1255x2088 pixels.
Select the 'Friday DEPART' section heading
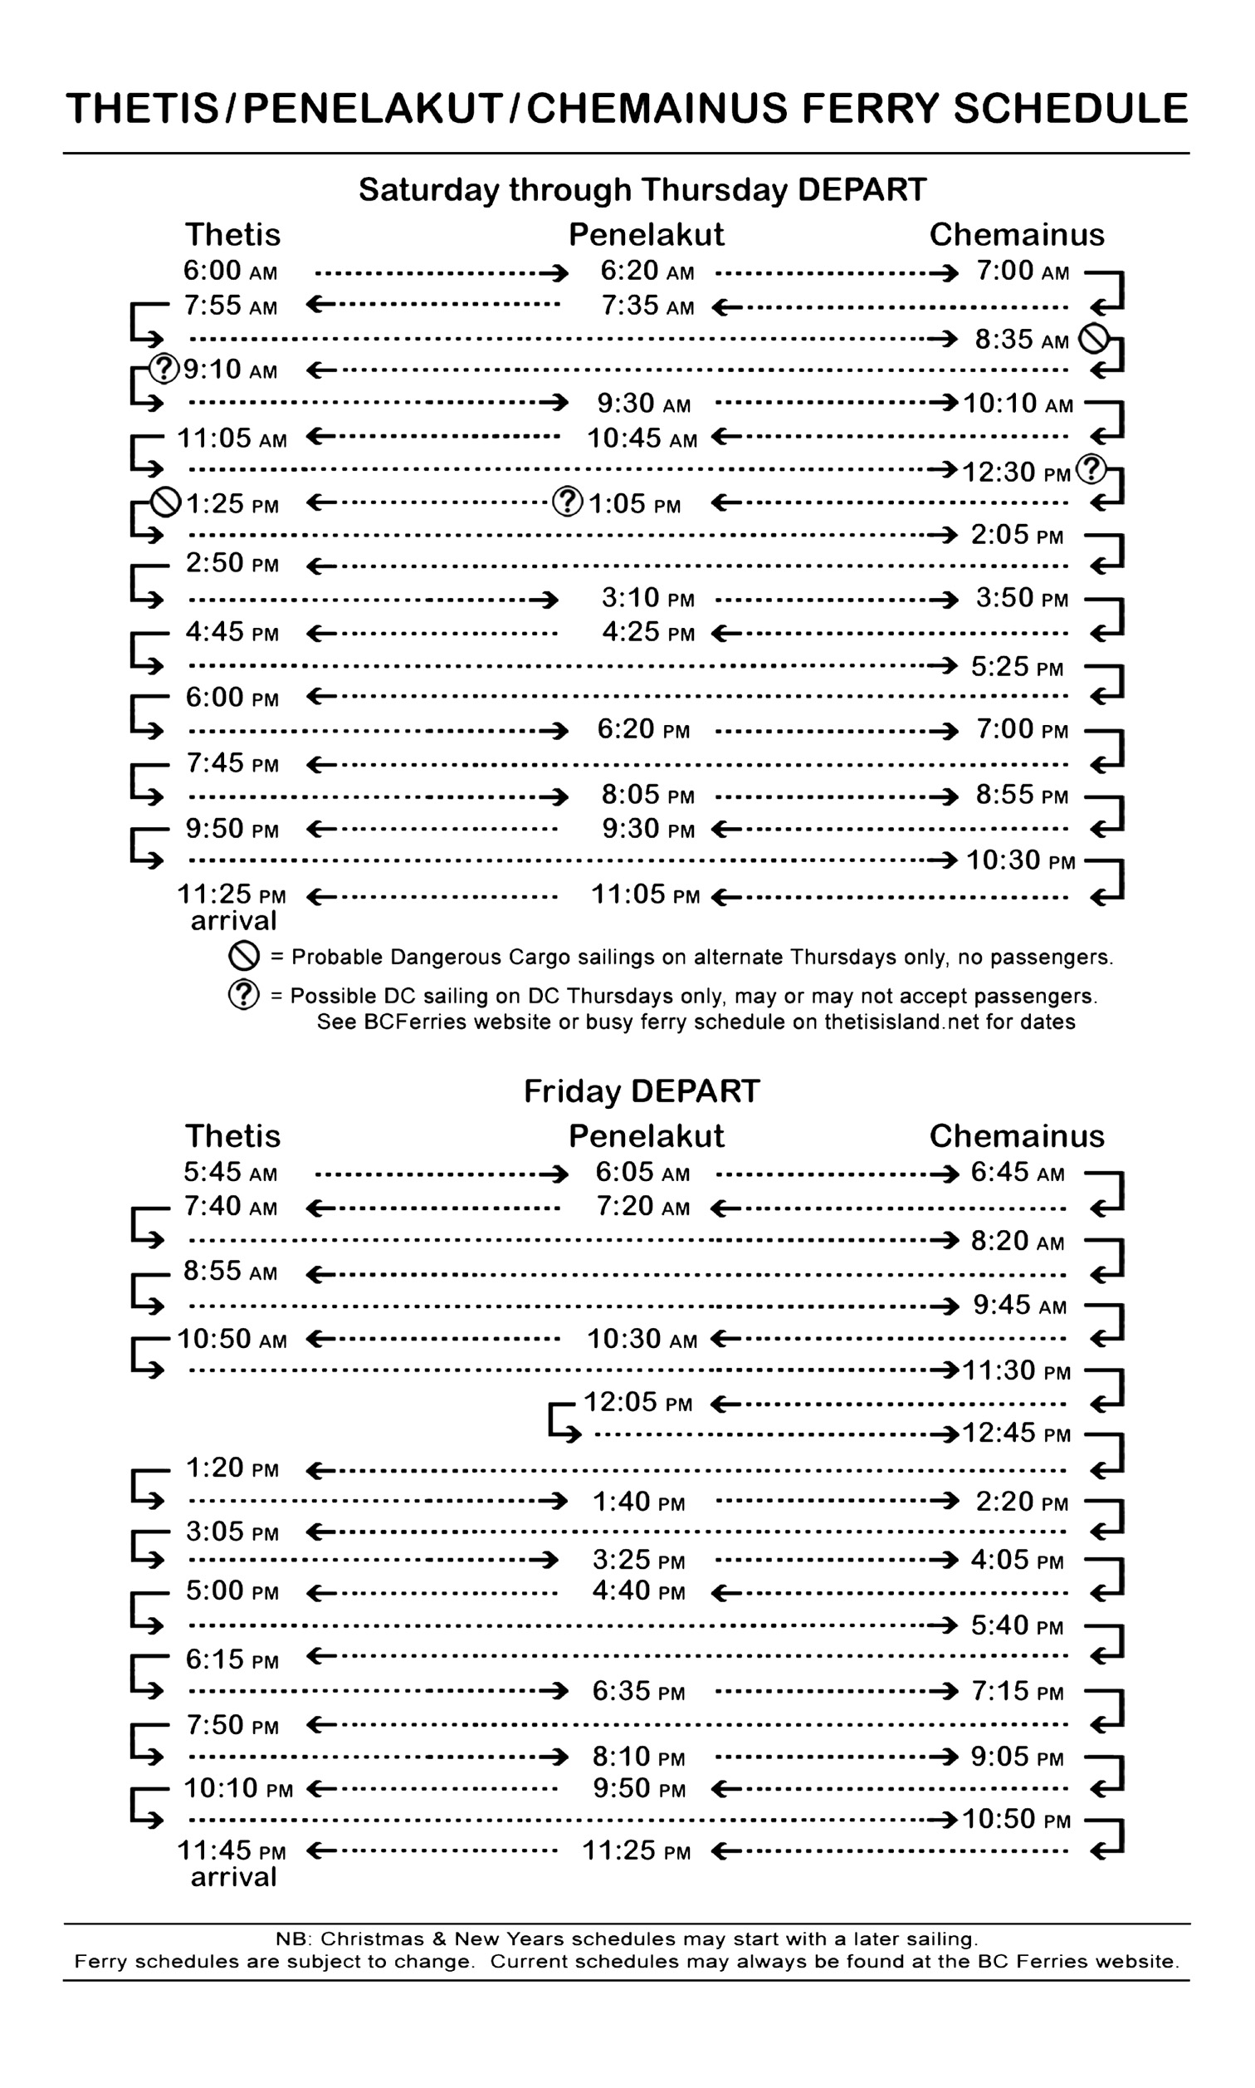pos(642,1091)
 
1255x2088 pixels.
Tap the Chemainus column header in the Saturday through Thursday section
pos(1017,235)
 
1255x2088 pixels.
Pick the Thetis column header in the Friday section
pos(232,1136)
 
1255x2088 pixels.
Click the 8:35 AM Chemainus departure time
pos(1021,340)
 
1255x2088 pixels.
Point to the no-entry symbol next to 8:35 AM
pos(1093,340)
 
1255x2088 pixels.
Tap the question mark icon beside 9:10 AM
pos(164,369)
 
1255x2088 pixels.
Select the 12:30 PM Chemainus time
pos(1017,472)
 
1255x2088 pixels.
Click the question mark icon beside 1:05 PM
pos(568,502)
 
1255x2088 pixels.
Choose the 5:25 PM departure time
pos(1017,668)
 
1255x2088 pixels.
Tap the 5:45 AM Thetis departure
pos(230,1173)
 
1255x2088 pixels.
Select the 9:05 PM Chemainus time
pos(1017,1757)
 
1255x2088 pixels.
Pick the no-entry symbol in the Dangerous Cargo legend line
pos(243,957)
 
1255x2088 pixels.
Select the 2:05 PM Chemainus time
pos(1017,536)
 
